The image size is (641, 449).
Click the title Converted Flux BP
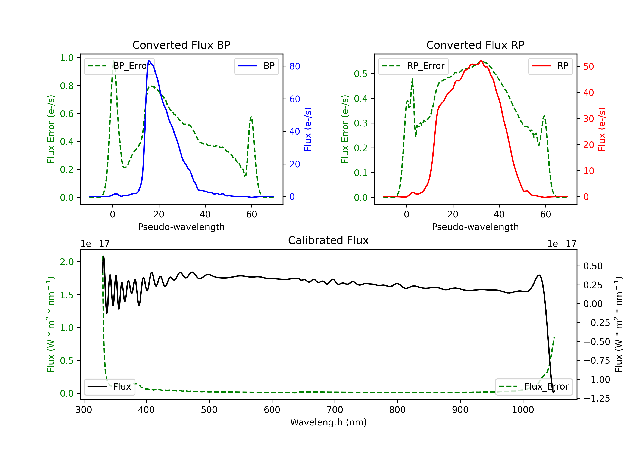pyautogui.click(x=181, y=45)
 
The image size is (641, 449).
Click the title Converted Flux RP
pyautogui.click(x=475, y=45)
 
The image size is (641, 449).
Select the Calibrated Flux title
pyautogui.click(x=328, y=240)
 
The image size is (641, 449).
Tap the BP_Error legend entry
pyautogui.click(x=119, y=66)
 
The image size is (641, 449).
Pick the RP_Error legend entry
pyautogui.click(x=413, y=66)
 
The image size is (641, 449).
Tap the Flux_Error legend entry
pyautogui.click(x=534, y=387)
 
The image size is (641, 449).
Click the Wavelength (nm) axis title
pyautogui.click(x=328, y=422)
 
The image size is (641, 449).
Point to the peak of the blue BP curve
pyautogui.click(x=149, y=61)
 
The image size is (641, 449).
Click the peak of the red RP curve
pyautogui.click(x=481, y=61)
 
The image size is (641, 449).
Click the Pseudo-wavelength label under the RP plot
pyautogui.click(x=475, y=227)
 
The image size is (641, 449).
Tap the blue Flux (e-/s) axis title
pyautogui.click(x=308, y=129)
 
